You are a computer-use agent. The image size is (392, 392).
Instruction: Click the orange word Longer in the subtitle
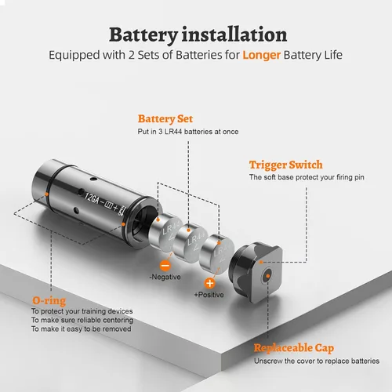click(x=261, y=55)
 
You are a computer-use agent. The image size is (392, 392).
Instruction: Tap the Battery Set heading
click(x=165, y=118)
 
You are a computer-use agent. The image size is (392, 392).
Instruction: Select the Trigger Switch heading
click(x=286, y=165)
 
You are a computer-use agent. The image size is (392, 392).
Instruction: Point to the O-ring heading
click(x=49, y=301)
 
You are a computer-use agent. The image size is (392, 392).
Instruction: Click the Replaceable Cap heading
click(x=294, y=348)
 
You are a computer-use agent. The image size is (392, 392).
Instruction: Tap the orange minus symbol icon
click(x=165, y=266)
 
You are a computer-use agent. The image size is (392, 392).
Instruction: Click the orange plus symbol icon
click(x=209, y=283)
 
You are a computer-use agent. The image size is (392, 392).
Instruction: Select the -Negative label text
click(x=165, y=277)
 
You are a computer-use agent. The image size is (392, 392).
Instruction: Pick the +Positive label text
click(x=209, y=295)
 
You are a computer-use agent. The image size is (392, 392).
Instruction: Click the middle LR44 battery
click(x=191, y=241)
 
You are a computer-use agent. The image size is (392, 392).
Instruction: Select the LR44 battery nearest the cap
click(x=216, y=254)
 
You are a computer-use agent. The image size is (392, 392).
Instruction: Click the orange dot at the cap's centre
click(x=267, y=275)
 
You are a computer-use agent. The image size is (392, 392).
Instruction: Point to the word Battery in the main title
click(x=143, y=34)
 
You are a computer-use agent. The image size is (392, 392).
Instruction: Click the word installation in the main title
click(x=234, y=34)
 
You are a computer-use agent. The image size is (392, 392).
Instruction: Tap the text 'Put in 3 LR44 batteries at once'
click(x=188, y=132)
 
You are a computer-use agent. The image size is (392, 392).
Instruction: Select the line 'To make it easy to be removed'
click(x=82, y=328)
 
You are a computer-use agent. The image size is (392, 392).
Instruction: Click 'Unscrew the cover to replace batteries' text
click(x=317, y=361)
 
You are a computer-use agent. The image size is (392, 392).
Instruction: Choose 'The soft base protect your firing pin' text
click(x=307, y=177)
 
